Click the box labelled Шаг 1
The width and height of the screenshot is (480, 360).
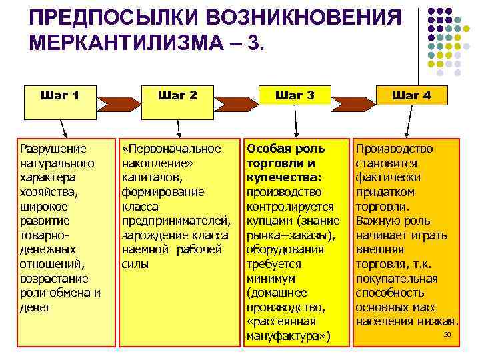tap(59, 95)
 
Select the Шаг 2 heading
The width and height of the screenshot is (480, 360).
tap(177, 95)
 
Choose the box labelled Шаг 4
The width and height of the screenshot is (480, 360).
tap(411, 95)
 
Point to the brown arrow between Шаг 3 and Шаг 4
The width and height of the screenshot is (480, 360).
tap(354, 103)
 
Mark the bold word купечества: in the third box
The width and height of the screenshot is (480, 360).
tap(284, 177)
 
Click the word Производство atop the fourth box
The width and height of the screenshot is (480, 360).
tap(394, 149)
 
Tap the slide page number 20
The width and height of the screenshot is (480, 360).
tap(447, 333)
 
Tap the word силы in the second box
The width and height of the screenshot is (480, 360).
tap(133, 264)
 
